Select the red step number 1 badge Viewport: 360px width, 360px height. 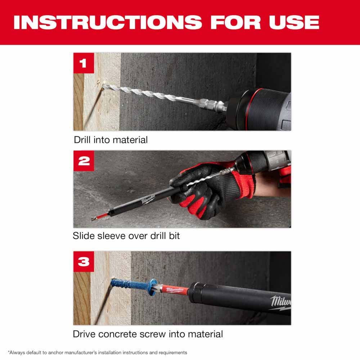point(84,63)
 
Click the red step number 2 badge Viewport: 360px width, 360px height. point(84,161)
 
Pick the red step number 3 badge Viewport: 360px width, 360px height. point(84,261)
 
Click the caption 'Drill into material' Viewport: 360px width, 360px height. point(111,140)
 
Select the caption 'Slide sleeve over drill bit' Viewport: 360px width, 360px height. point(126,236)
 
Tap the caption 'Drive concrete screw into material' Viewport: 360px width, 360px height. point(148,334)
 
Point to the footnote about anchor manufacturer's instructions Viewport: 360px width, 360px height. point(97,352)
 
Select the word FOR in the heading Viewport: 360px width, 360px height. point(235,22)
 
